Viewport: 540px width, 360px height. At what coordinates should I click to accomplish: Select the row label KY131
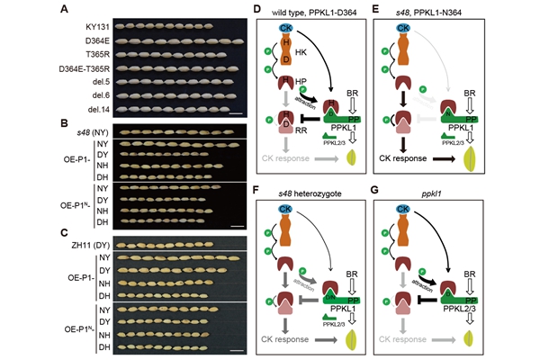tap(85, 28)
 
